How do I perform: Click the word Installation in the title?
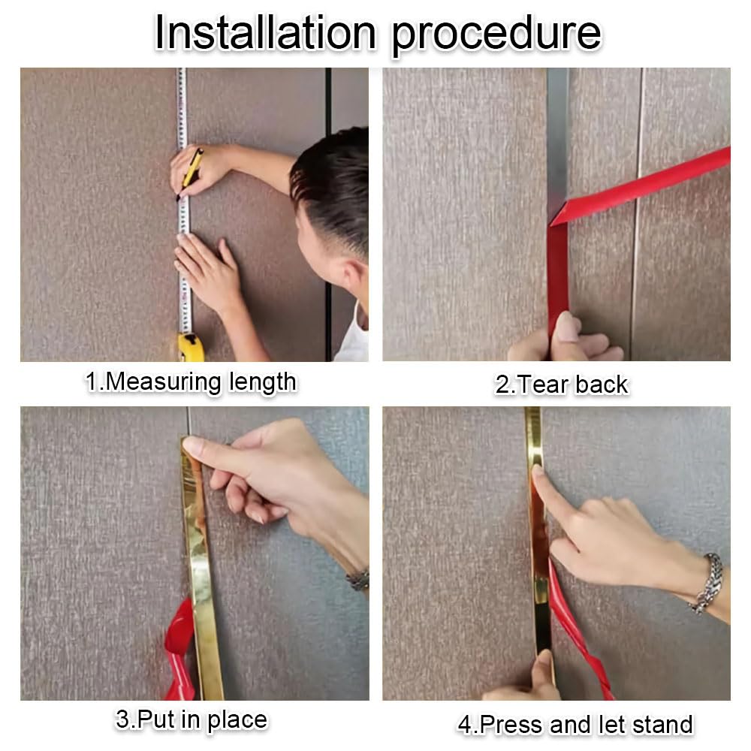265,32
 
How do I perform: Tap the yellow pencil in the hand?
191,173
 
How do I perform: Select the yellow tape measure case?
191,347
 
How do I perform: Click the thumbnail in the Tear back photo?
568,327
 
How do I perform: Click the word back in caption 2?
601,385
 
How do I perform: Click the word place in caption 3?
237,720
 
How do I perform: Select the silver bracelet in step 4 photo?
708,583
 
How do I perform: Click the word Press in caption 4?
511,724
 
